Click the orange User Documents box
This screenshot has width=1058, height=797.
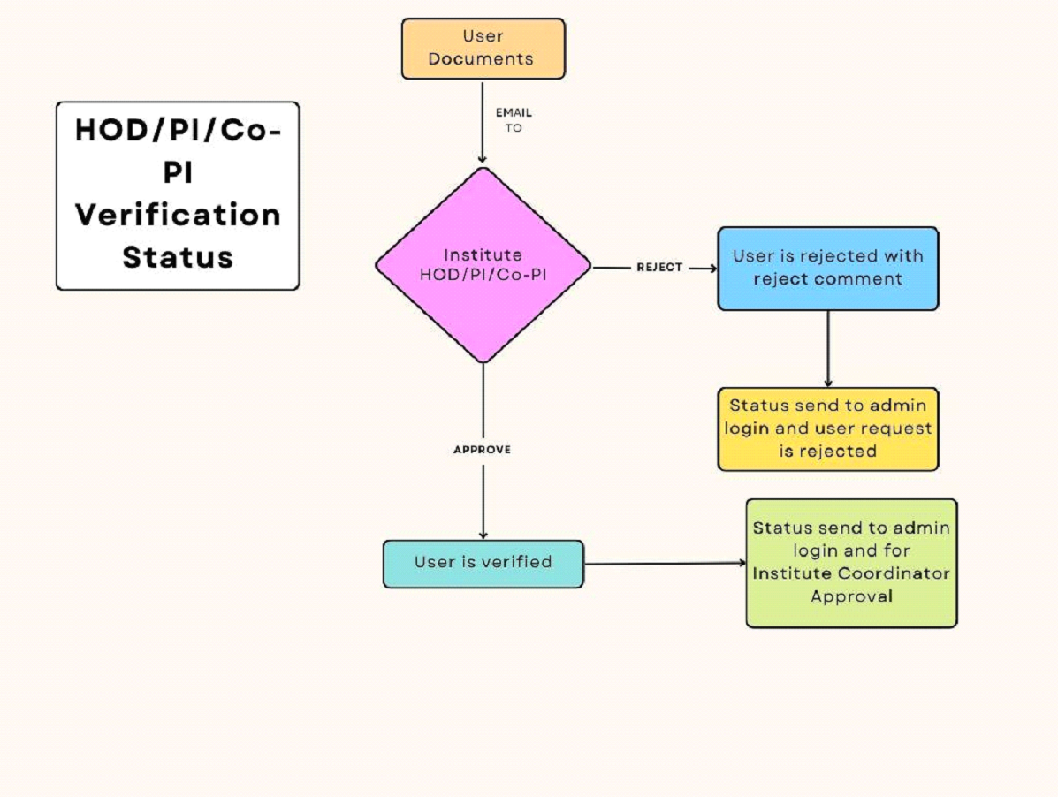tap(483, 49)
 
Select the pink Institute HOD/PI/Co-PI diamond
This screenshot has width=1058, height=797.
tap(483, 265)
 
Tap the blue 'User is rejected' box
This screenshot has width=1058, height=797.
tap(827, 268)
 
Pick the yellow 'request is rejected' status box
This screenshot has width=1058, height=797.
tap(827, 429)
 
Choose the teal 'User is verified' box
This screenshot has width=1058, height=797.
tap(483, 564)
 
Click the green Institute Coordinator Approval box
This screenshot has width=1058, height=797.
tap(851, 563)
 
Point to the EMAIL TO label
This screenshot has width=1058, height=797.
tap(514, 120)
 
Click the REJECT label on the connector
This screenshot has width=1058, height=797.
tap(659, 267)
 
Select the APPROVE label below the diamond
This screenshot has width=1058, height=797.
tap(482, 449)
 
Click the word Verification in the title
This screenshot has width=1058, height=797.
tap(178, 215)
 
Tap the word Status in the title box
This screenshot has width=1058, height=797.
tap(178, 257)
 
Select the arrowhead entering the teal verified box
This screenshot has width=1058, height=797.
tap(483, 535)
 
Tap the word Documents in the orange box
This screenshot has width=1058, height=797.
tap(483, 59)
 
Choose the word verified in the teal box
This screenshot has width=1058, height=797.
tap(517, 562)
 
